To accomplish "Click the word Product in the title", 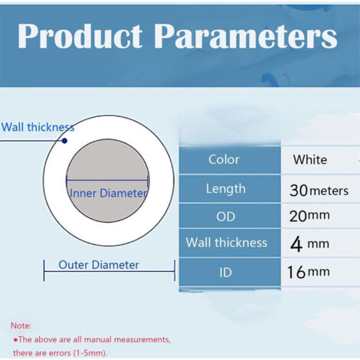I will (80, 36).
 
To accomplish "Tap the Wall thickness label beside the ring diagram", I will (38, 127).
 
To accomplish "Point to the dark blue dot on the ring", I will (64, 140).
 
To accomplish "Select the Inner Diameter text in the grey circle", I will (107, 193).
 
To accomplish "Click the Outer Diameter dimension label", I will (99, 265).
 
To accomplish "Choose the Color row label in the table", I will (224, 160).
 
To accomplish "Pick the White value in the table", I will (309, 160).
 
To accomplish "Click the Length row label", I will (225, 188).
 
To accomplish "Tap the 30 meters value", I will (319, 190).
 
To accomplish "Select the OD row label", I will (225, 217).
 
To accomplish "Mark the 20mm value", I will (309, 217).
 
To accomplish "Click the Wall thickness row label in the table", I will (227, 243).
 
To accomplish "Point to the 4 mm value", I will (309, 244).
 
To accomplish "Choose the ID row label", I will (225, 271).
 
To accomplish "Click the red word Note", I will (21, 325).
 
